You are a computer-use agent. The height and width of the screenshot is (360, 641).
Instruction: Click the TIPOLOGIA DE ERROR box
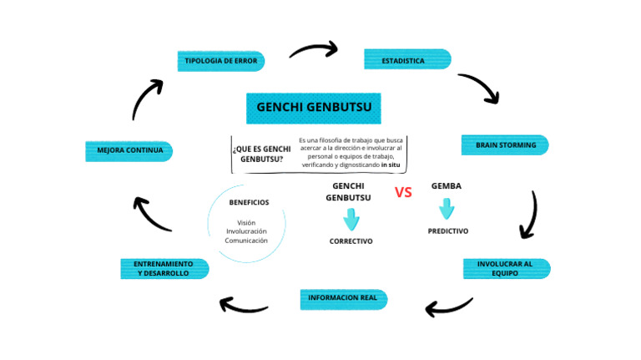coord(221,61)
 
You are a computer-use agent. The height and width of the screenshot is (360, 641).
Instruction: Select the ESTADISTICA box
coord(407,60)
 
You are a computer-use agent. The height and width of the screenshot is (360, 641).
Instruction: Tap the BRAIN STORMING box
coord(505,145)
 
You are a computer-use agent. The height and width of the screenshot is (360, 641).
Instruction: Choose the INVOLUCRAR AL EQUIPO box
coord(507,268)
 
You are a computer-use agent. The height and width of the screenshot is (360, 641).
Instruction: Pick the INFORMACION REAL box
coord(343,298)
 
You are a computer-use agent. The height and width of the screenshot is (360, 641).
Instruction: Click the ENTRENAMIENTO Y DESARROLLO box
coord(164,269)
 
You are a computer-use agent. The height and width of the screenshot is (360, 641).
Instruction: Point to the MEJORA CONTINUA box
coord(129,151)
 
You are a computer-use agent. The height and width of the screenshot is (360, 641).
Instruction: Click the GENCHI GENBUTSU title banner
coord(314,108)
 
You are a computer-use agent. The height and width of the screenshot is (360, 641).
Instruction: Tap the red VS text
coord(403,192)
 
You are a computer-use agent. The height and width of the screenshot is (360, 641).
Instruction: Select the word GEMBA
coord(447,186)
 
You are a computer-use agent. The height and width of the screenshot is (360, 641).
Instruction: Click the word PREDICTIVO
coord(448,231)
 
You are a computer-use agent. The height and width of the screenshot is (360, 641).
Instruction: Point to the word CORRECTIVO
coord(351,241)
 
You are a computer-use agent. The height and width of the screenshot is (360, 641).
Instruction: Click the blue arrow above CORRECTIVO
coord(351,220)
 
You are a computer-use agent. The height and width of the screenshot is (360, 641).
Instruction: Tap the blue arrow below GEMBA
coord(447,208)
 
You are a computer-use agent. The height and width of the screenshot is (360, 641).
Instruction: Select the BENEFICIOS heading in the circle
coord(249,202)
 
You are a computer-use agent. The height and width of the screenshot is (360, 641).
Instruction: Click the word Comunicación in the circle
coord(246,241)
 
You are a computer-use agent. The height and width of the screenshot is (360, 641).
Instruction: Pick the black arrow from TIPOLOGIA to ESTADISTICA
coord(313,50)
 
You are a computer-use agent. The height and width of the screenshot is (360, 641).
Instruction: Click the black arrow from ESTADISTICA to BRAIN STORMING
coord(479,88)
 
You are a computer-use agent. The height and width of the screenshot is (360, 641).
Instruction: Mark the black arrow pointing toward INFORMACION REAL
coord(449,307)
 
